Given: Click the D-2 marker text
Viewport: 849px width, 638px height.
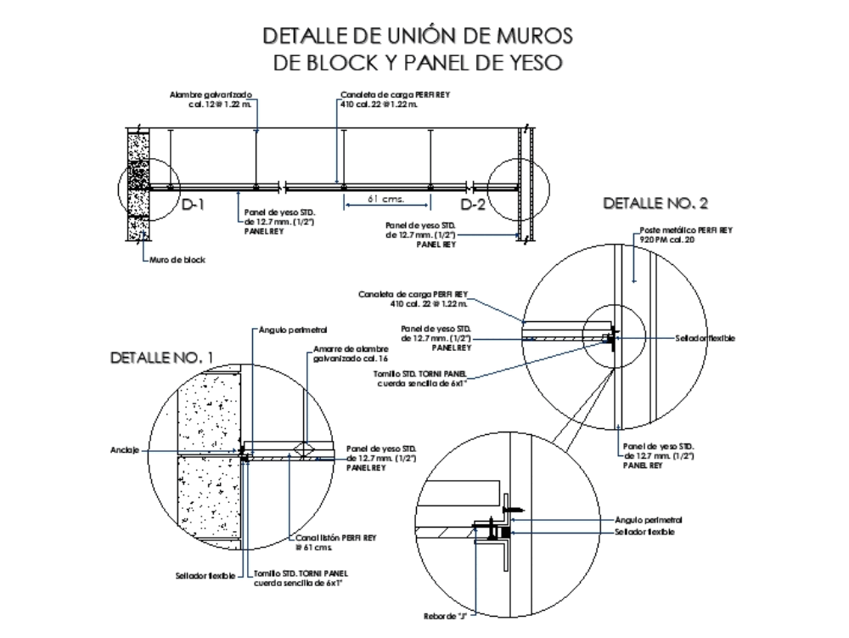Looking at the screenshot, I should (x=473, y=205).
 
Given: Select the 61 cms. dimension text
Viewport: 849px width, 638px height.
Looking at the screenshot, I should (x=385, y=200).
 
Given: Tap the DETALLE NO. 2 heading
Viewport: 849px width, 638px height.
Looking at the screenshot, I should (x=655, y=203).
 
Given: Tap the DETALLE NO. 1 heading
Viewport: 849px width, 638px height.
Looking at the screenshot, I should (x=162, y=359).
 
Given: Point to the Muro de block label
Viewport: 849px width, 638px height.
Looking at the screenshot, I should (x=177, y=260).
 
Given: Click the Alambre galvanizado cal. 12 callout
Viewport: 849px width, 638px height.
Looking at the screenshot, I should (x=211, y=99).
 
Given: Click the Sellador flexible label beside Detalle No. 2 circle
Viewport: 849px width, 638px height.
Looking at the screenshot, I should (x=705, y=338).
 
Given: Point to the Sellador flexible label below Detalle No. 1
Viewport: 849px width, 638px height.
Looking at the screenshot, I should (x=205, y=575).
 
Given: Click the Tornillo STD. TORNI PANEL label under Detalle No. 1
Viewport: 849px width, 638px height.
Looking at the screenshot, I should (x=301, y=578).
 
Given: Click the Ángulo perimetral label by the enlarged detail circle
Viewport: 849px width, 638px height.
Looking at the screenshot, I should (x=648, y=519).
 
